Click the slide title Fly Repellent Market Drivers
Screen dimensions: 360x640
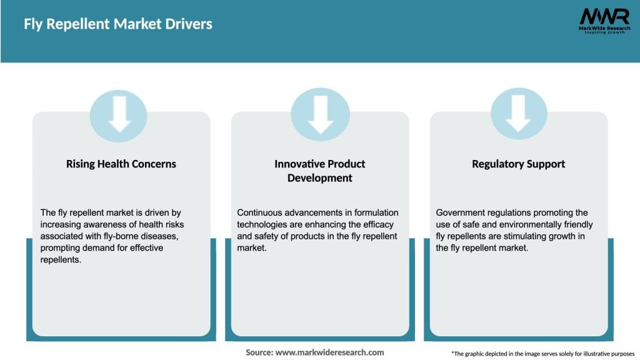[118, 24]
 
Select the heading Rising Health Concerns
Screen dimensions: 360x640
[121, 164]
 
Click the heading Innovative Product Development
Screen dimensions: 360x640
[320, 171]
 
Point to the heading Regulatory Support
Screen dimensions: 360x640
[518, 164]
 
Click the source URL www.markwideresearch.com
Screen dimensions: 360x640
[330, 352]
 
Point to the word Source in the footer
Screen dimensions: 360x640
[259, 352]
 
